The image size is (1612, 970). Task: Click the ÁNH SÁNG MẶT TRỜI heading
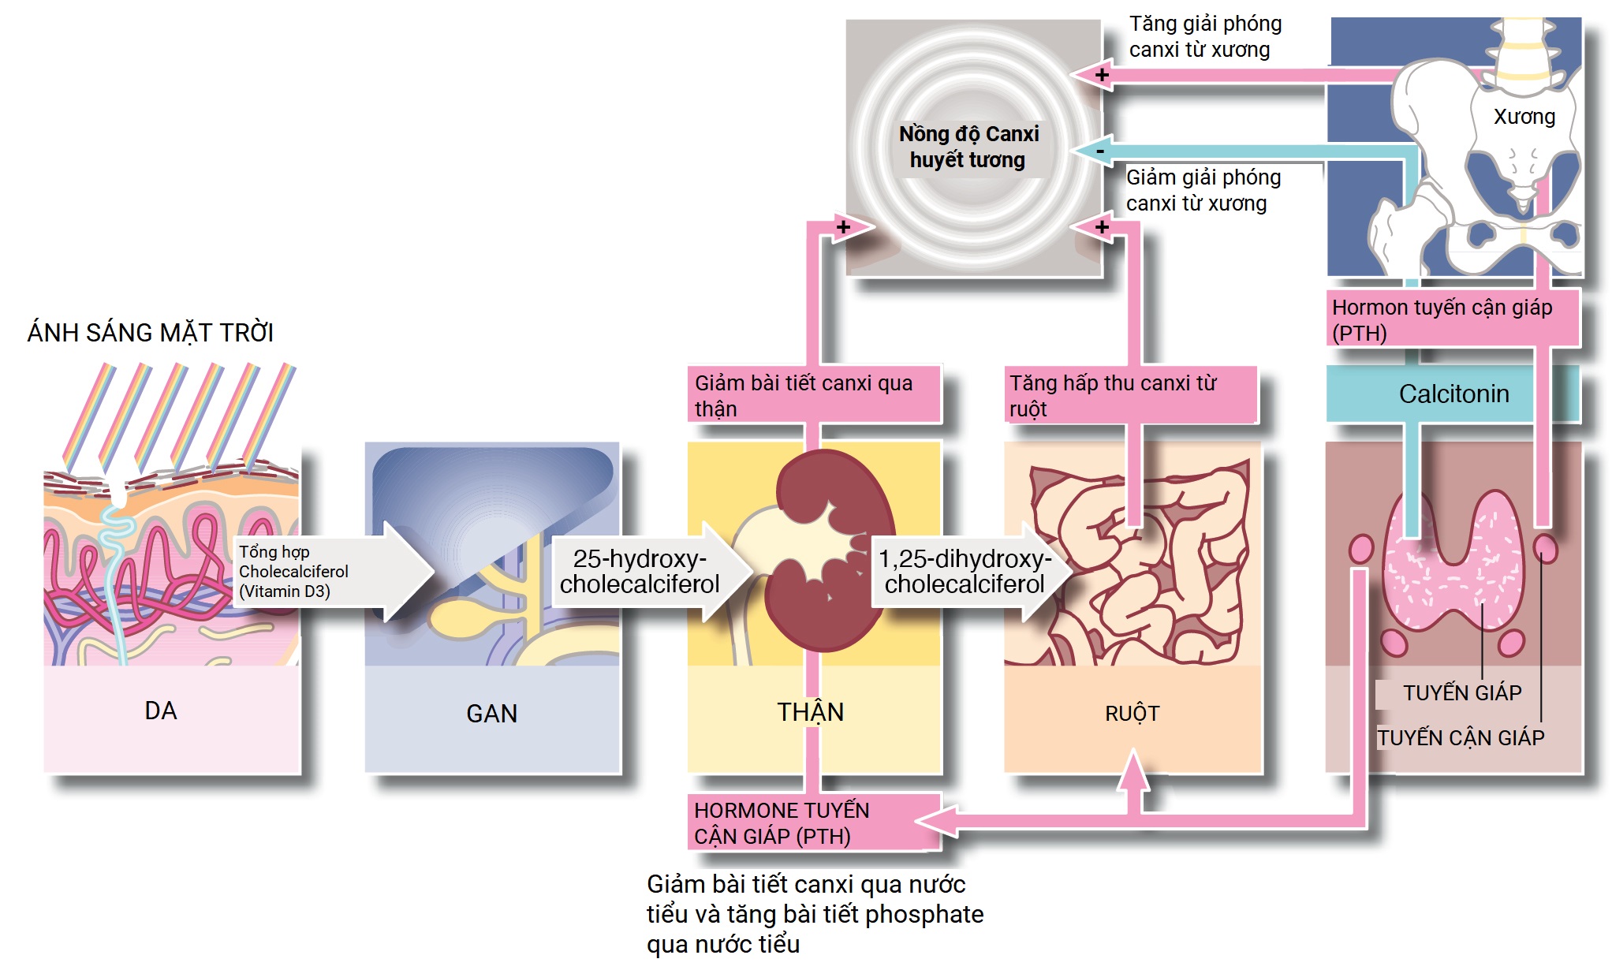[x=150, y=333]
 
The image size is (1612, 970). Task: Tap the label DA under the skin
[x=161, y=711]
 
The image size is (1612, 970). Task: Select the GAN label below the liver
[x=491, y=714]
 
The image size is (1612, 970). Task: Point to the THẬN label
[x=811, y=712]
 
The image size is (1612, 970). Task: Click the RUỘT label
[x=1132, y=714]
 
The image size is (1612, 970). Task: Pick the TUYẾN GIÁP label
[x=1462, y=692]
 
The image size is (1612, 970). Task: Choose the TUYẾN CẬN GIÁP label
[x=1461, y=737]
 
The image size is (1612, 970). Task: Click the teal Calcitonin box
[x=1453, y=394]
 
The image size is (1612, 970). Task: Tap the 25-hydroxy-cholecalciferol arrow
[x=640, y=572]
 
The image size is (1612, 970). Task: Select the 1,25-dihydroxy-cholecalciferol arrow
[x=965, y=572]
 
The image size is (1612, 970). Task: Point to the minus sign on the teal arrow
[x=1100, y=150]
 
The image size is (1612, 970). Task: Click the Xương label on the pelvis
[x=1524, y=117]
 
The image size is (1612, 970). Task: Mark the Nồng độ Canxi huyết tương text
[x=968, y=147]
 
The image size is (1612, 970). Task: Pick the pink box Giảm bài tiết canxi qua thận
[x=812, y=395]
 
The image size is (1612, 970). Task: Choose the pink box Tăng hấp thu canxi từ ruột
[x=1128, y=395]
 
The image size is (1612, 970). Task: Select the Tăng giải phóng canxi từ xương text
[x=1204, y=36]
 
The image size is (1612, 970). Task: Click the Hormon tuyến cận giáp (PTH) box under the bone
[x=1451, y=319]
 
